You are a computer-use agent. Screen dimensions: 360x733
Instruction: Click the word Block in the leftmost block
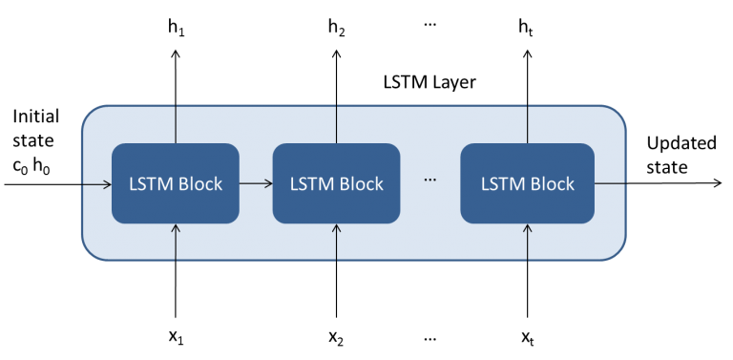pyautogui.click(x=200, y=184)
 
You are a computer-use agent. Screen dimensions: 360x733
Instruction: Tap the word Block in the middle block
pyautogui.click(x=362, y=184)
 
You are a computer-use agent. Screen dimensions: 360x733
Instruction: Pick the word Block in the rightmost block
pyautogui.click(x=553, y=184)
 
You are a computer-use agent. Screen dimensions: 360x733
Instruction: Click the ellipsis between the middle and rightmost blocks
pyautogui.click(x=429, y=181)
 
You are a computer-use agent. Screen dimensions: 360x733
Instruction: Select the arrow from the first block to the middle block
pyautogui.click(x=255, y=182)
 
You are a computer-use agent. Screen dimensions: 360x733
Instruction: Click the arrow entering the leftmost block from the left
pyautogui.click(x=96, y=182)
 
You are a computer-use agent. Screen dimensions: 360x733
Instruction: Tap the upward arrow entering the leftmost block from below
pyautogui.click(x=176, y=241)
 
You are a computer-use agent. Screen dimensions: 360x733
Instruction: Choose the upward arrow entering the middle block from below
pyautogui.click(x=336, y=241)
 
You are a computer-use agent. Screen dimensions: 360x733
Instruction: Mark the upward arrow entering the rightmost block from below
pyautogui.click(x=528, y=241)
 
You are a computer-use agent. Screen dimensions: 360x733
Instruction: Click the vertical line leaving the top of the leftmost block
pyautogui.click(x=176, y=124)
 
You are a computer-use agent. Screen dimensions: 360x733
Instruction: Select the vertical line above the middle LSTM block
pyautogui.click(x=336, y=124)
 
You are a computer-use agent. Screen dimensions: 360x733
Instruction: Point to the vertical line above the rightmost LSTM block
pyautogui.click(x=528, y=124)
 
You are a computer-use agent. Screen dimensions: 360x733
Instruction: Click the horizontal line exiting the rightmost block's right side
pyautogui.click(x=610, y=182)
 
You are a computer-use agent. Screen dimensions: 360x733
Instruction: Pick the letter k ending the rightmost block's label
pyautogui.click(x=570, y=184)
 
